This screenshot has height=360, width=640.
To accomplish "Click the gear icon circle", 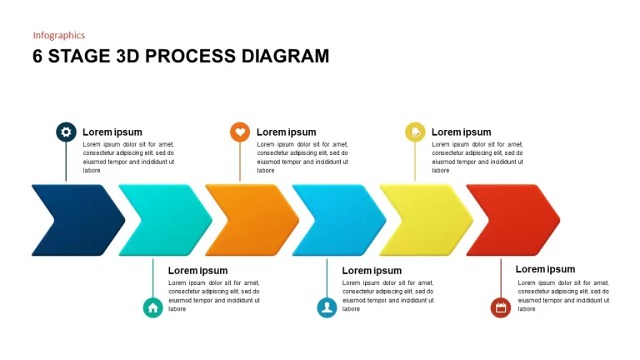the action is tap(66, 132).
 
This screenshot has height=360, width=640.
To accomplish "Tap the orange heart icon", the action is tap(240, 132).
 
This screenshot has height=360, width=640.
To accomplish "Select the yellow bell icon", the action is tap(415, 132).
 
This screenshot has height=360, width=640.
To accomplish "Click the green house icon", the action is tap(153, 307).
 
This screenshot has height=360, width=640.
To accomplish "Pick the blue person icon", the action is tap(327, 307).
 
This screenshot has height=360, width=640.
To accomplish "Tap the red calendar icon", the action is tap(501, 307).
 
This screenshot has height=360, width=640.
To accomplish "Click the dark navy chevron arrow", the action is tap(78, 220).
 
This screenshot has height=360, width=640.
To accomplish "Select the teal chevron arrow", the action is tap(165, 220).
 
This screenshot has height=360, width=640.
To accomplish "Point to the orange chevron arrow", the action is tap(252, 220).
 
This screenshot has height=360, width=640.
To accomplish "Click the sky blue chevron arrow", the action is tap(339, 220).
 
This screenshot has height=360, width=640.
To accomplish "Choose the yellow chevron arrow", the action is tap(426, 220).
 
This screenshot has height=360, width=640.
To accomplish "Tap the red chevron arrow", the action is tap(513, 220).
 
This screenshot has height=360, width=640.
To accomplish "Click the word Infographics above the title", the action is tap(59, 36).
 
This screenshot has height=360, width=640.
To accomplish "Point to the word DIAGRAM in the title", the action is tap(285, 57).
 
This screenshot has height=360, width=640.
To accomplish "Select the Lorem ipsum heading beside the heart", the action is tap(286, 132).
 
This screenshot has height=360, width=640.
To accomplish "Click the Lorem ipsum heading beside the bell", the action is tap(461, 132).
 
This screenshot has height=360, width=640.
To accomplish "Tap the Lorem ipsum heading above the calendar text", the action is tap(545, 269).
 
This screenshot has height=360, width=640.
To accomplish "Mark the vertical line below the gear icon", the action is tap(66, 162).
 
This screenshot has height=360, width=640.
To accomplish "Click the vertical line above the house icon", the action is tap(153, 278).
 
